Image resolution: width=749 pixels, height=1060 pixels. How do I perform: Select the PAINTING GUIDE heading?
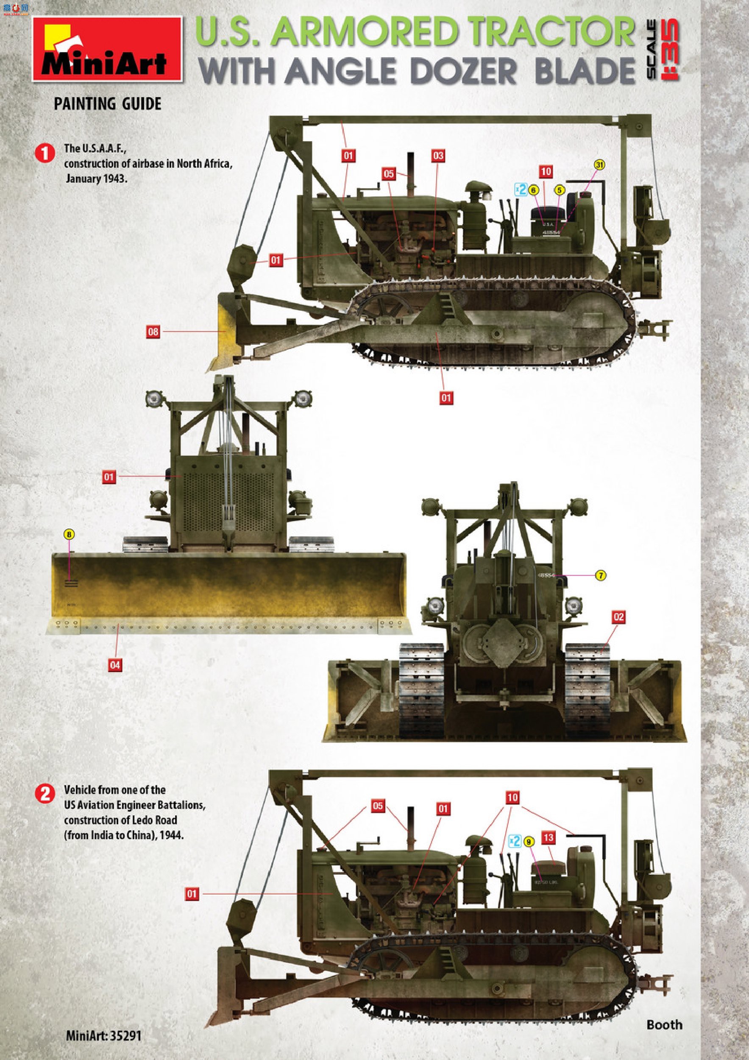(108, 104)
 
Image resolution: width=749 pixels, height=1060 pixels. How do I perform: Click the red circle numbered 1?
(45, 153)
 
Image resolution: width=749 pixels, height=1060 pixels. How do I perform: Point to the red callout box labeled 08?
(153, 332)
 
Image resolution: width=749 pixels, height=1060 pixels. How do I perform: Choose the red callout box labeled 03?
(438, 156)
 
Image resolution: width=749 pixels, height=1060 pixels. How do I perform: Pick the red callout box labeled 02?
(618, 617)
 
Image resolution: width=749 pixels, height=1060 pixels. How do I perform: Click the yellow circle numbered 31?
(599, 165)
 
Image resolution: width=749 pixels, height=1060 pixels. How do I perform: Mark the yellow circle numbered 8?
(69, 535)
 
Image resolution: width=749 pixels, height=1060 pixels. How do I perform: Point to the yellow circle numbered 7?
(600, 575)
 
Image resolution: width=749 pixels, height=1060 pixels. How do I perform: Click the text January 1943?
(96, 179)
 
